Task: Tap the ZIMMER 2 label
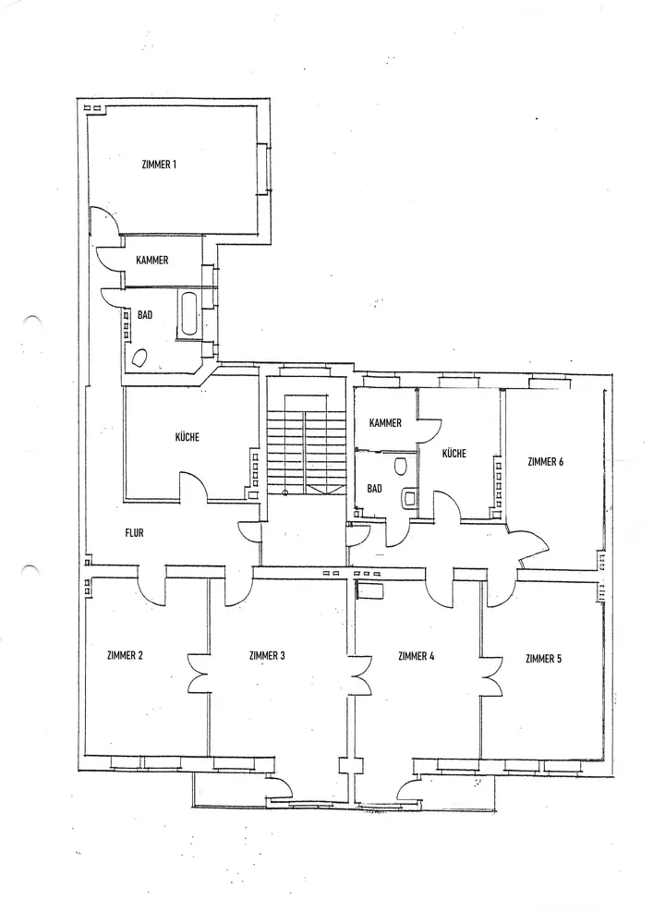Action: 125,656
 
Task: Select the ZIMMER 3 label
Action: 267,656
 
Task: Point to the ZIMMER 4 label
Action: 416,656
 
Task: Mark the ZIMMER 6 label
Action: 545,461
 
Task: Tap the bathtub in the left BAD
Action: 189,314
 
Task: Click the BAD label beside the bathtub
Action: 145,315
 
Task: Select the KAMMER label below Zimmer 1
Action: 151,261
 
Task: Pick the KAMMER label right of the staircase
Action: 385,423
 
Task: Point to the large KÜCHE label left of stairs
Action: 187,438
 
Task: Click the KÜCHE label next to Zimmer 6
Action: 453,454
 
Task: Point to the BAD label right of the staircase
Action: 374,487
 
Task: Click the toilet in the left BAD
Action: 144,359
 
